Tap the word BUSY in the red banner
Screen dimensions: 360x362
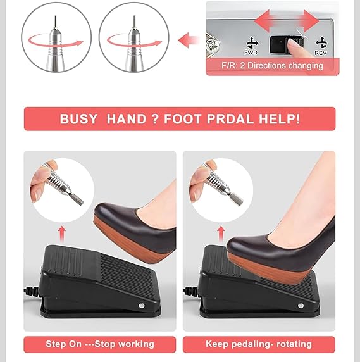coord(78,119)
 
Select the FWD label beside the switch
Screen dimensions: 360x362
coord(251,53)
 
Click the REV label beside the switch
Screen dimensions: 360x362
coord(321,53)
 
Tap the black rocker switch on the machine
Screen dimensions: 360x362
coord(286,44)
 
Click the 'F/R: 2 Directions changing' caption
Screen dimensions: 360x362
coord(272,66)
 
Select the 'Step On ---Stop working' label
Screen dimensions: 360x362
coord(100,344)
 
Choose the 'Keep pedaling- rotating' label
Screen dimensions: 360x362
coord(259,344)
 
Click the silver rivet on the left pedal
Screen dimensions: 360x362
coord(142,306)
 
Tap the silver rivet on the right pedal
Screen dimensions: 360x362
coord(301,306)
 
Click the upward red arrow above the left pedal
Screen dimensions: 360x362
coord(61,234)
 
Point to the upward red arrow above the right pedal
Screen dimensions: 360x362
coord(221,234)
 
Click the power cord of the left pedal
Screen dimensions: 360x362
coord(32,291)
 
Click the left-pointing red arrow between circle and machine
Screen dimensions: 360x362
coord(188,40)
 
